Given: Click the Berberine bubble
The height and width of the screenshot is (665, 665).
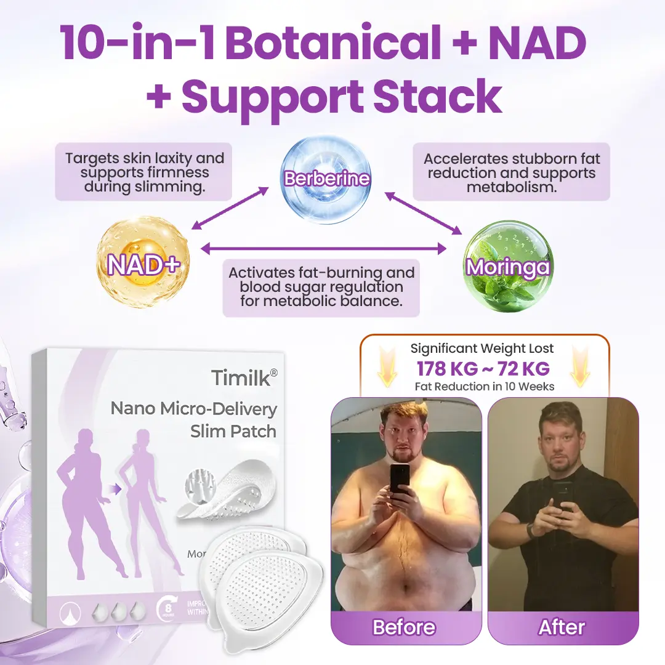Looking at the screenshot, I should pyautogui.click(x=326, y=179).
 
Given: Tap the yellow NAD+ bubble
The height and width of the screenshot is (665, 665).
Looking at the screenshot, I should pyautogui.click(x=143, y=264).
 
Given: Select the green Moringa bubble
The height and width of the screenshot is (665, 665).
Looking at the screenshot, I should pyautogui.click(x=507, y=267).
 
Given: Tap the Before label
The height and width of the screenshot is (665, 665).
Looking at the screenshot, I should pyautogui.click(x=403, y=627).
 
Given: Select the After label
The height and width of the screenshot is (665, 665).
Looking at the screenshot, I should pyautogui.click(x=561, y=627).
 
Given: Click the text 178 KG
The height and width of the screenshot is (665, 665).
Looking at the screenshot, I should pyautogui.click(x=446, y=369).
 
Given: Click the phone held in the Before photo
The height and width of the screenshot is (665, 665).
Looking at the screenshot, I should pyautogui.click(x=400, y=478).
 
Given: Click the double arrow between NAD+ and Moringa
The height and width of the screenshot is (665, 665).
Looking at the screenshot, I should pyautogui.click(x=324, y=249).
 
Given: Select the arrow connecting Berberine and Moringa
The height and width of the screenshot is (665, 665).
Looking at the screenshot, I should pyautogui.click(x=424, y=214).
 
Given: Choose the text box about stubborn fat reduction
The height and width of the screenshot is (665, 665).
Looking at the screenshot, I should pyautogui.click(x=511, y=172).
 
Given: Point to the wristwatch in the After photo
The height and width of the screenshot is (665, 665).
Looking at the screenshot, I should pyautogui.click(x=531, y=530).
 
